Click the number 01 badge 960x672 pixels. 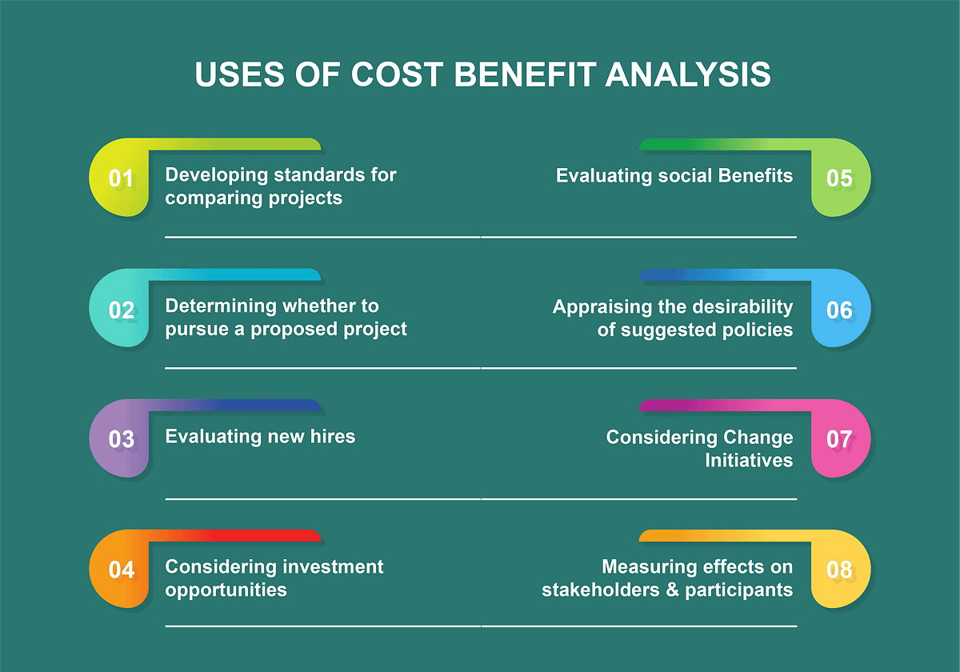point(121,178)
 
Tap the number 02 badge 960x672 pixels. point(121,309)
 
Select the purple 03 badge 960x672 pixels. point(121,439)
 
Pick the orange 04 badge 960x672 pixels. point(121,570)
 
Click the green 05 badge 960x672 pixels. point(839,178)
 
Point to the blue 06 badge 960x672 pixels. point(839,309)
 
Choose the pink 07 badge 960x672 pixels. point(839,439)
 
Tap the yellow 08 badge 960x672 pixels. point(839,570)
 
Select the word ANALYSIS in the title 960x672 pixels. point(688,74)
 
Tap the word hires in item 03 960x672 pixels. point(330,436)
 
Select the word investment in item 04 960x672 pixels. point(330,567)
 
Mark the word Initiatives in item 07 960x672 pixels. point(749,460)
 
